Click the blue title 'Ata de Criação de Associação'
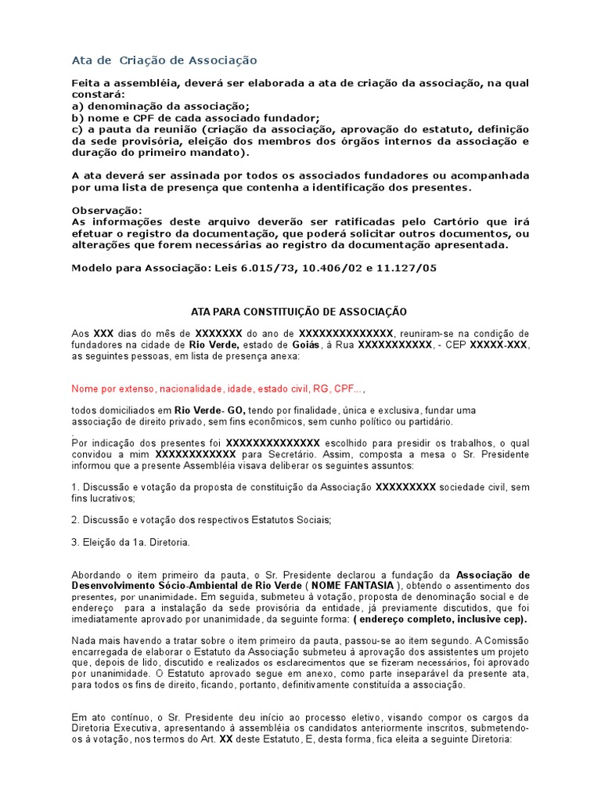point(164,60)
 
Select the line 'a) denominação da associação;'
point(160,106)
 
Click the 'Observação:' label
point(107,211)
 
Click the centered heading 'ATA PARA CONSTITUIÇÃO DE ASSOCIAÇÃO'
point(300,312)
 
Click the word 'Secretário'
point(289,454)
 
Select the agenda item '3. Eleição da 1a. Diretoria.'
point(131,541)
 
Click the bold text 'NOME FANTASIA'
point(354,586)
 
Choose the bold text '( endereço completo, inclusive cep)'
point(440,619)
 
